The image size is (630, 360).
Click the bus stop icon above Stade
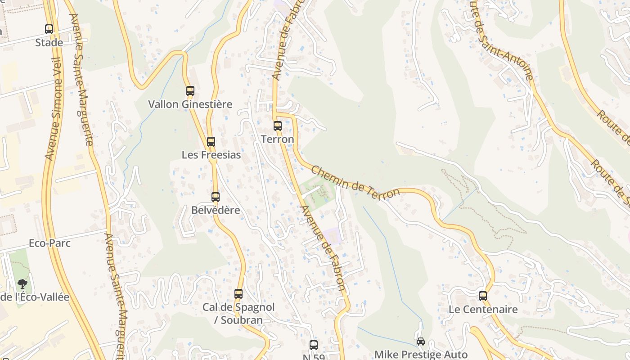tap(49, 29)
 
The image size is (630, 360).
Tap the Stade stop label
tap(49, 43)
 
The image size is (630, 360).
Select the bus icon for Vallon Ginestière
tap(190, 91)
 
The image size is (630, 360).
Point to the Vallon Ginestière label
tap(190, 104)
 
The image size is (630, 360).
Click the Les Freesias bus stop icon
tap(211, 142)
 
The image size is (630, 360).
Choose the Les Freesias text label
tap(211, 155)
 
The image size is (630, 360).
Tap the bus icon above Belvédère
tap(216, 197)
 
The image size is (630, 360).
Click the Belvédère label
tap(216, 210)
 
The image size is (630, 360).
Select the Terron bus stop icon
tap(278, 126)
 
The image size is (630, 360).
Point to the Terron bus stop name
tap(278, 139)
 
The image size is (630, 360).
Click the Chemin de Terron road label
tap(355, 182)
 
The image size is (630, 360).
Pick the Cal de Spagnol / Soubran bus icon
tap(238, 294)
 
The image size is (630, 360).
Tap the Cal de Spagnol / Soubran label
tap(238, 314)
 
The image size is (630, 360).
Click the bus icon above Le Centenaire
tap(483, 296)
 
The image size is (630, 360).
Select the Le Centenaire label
tap(483, 310)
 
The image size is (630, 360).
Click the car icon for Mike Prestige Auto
tap(421, 342)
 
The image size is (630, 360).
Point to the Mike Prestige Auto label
tap(421, 355)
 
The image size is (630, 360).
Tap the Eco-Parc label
tap(49, 243)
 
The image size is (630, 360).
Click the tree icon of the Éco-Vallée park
tap(22, 284)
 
